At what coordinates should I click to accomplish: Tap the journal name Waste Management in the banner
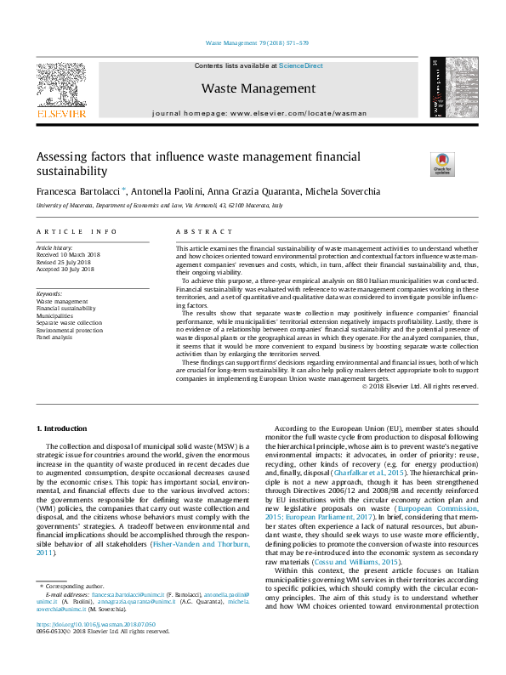[x=258, y=88]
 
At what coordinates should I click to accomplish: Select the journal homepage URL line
[x=258, y=113]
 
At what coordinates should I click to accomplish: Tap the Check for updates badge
[x=443, y=163]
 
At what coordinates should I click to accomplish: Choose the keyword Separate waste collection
[x=69, y=322]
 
